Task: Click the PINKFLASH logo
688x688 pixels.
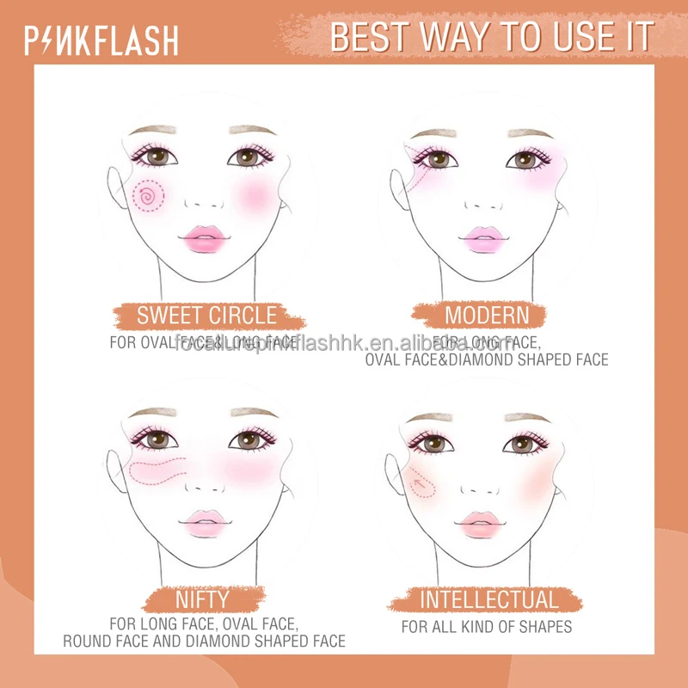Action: point(102,40)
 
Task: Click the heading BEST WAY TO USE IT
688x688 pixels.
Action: point(492,38)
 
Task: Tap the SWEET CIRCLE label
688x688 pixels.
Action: point(207,315)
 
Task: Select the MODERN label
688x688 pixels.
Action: point(487,315)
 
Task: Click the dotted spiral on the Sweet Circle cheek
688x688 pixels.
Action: point(150,197)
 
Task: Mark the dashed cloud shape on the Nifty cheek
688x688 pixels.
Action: point(157,470)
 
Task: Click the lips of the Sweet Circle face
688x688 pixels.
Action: point(206,236)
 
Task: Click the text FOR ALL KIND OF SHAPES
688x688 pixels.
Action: point(487,627)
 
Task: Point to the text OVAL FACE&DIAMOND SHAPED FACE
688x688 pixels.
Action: point(487,359)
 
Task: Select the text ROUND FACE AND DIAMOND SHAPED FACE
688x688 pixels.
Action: point(205,642)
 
